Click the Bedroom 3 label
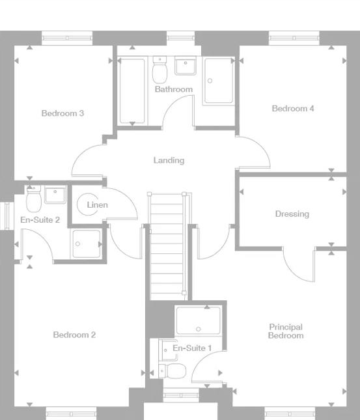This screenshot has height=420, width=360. (62, 113)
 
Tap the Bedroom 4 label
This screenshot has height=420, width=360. (293, 109)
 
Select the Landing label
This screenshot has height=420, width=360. (169, 160)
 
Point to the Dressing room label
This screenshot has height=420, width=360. (292, 214)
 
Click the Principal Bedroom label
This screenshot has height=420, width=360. (286, 331)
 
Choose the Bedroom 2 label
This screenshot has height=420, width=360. (74, 335)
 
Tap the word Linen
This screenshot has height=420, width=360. (97, 205)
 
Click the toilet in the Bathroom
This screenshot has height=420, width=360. (159, 70)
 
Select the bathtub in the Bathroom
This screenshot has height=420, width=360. (132, 91)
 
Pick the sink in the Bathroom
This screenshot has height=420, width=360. (186, 66)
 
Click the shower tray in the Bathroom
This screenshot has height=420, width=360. (219, 81)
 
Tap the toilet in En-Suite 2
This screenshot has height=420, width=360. (34, 199)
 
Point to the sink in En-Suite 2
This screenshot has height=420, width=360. (55, 195)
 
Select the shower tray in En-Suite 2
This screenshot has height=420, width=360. (87, 244)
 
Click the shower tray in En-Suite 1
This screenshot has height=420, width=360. (199, 321)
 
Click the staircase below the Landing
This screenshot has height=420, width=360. (167, 246)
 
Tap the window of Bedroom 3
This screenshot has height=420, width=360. (67, 38)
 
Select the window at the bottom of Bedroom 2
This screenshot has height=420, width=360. (71, 413)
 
